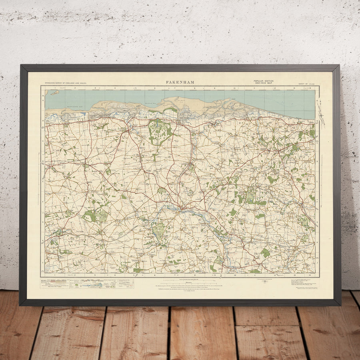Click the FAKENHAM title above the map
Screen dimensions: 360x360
pyautogui.click(x=180, y=82)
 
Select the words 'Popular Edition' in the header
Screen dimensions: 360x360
pyautogui.click(x=262, y=81)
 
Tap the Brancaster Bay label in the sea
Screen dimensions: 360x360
pyautogui.click(x=76, y=106)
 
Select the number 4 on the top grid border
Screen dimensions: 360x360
pyautogui.click(x=114, y=87)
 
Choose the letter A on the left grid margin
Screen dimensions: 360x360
pyautogui.click(x=43, y=100)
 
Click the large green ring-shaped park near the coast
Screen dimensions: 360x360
pyautogui.click(x=160, y=130)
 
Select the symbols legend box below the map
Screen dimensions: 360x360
pyautogui.click(x=87, y=284)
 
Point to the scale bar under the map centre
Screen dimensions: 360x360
pyautogui.click(x=180, y=283)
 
